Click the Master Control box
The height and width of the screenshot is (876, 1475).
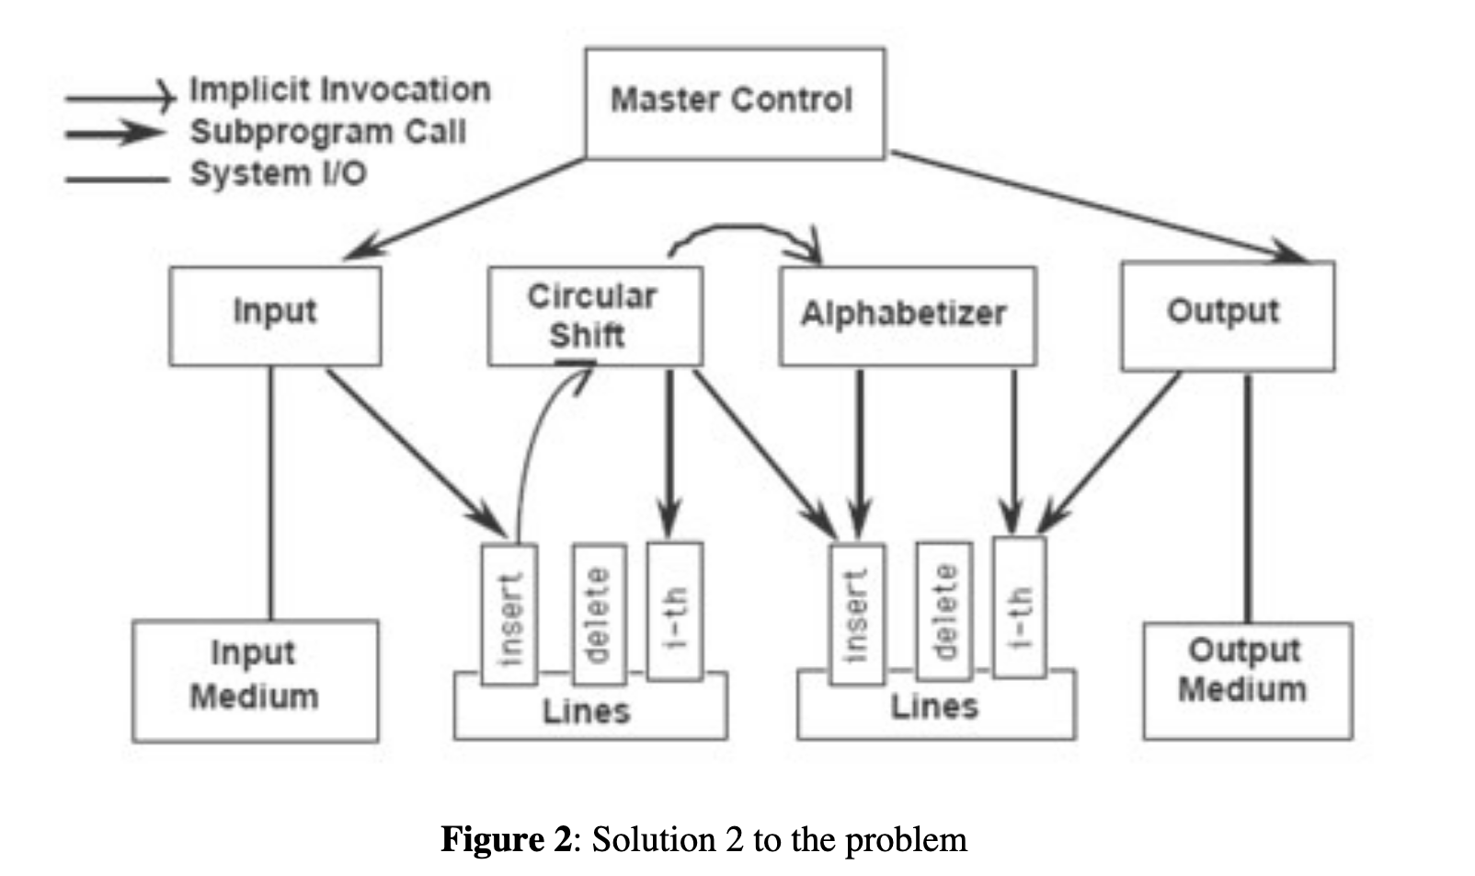735,103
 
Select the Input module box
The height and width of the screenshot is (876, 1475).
275,316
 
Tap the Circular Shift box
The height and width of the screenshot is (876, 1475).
595,316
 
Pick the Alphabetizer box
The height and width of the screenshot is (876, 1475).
907,316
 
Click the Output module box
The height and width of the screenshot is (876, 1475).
1227,316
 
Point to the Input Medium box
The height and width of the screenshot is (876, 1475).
255,680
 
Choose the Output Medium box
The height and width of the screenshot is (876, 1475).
1246,680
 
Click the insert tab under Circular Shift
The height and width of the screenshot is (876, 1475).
509,615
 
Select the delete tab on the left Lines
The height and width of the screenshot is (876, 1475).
599,615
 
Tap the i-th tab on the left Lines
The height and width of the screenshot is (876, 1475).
674,612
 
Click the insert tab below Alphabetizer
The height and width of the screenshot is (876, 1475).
856,615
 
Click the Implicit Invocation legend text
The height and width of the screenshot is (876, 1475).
340,90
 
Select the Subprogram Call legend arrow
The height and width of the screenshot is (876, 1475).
115,133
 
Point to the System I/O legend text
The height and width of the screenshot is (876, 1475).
278,174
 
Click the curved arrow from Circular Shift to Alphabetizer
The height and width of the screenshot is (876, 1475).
745,227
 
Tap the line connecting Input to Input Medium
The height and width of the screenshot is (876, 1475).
270,492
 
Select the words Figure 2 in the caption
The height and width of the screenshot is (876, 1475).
506,840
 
